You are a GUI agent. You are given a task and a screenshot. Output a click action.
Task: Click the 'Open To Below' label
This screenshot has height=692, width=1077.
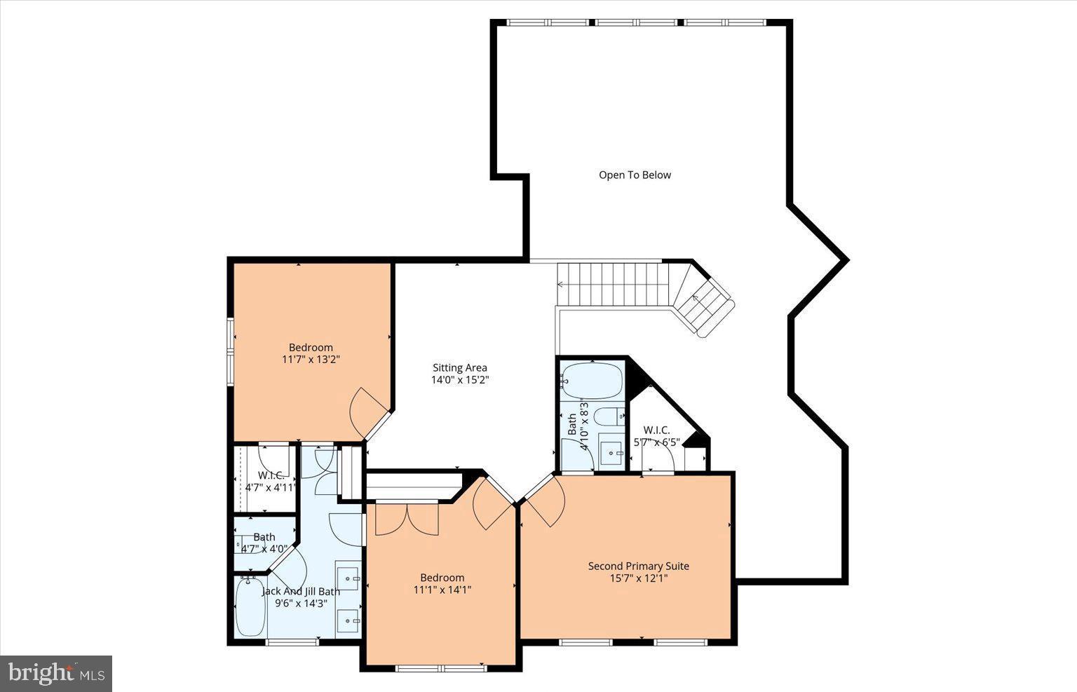pos(635,175)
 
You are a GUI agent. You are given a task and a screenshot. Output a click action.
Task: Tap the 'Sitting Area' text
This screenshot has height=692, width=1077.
pos(459,368)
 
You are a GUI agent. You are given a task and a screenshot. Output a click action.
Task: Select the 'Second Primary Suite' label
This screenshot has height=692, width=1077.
pos(638,566)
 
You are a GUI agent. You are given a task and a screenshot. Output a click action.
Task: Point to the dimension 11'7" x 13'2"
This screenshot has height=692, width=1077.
pos(311,360)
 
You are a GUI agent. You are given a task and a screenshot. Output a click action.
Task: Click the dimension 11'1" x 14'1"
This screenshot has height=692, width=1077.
pos(442,590)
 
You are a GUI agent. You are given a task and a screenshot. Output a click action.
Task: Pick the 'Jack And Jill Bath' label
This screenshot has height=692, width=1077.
pos(301,591)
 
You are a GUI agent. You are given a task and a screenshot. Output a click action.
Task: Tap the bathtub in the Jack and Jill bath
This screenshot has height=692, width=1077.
pos(250,606)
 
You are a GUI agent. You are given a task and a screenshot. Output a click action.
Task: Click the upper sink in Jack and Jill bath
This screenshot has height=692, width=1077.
pos(348,578)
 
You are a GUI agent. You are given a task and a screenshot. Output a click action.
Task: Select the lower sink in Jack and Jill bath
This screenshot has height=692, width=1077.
pos(348,620)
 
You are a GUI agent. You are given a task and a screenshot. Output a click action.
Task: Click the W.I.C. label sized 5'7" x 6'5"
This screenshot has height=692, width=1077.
pos(656,430)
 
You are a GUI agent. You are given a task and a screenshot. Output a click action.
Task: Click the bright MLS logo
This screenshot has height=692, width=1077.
pos(56,674)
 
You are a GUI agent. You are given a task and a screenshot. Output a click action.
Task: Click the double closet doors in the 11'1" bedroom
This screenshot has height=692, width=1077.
pos(407,519)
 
